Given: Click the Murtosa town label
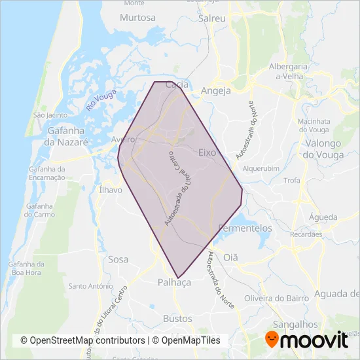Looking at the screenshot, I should pos(137,18).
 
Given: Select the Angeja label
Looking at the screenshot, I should pos(216,91).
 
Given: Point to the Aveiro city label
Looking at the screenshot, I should pos(122,140).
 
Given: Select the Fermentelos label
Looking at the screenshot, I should pos(244,228).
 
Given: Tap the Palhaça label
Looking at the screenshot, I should pos(174,282).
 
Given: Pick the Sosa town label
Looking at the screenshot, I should pos(118,259).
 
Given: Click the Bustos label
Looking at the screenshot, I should pos(177,319).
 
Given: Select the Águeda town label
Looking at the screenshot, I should pos(325,217).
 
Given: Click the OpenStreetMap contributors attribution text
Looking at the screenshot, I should pos(82,340).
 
